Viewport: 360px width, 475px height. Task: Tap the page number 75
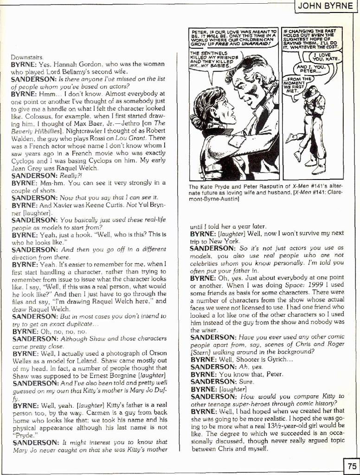(x=351, y=465)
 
